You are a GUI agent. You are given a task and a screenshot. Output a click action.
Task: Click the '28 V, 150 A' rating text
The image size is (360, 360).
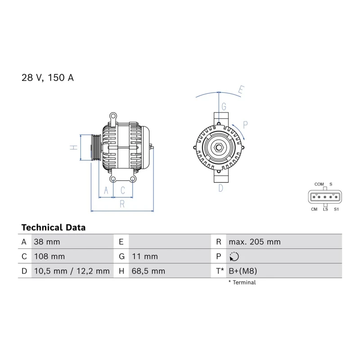pos(48,77)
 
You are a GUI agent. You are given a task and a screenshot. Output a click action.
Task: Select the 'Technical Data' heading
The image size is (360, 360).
pos(54,227)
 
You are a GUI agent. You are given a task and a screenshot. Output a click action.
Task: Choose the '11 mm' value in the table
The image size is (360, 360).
pos(145,256)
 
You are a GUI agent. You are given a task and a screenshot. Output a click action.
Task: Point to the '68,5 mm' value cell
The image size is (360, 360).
pos(148,271)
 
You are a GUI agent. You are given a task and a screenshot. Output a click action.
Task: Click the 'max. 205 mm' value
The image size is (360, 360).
pos(255,242)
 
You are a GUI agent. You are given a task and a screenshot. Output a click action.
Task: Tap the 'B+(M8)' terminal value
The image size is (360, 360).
pos(243,271)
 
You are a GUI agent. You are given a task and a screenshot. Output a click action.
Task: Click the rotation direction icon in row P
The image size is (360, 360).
pos(234,256)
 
